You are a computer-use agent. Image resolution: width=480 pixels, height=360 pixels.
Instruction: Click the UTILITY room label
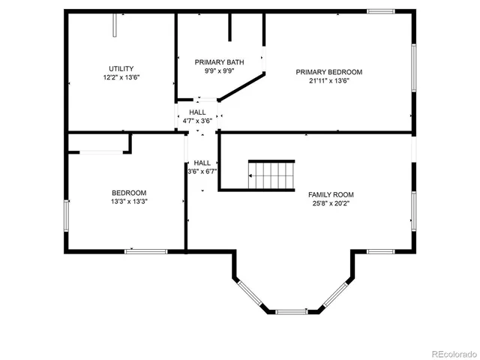click(121, 68)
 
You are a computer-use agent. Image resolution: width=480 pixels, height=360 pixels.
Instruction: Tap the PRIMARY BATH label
click(220, 62)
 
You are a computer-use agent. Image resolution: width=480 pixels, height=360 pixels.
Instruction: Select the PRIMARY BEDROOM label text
click(328, 72)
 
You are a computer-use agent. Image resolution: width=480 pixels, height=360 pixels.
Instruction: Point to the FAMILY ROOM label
click(331, 194)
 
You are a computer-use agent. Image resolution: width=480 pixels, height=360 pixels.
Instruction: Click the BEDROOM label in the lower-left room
click(129, 193)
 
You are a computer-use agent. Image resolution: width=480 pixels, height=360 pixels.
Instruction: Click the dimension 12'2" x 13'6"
click(121, 77)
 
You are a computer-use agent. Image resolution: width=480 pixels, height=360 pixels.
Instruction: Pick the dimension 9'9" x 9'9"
click(220, 71)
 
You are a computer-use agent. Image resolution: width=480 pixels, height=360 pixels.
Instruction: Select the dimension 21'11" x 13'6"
click(328, 81)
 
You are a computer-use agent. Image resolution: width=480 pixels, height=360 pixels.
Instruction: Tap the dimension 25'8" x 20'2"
click(331, 203)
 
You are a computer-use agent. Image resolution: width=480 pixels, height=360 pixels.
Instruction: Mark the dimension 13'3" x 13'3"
click(129, 202)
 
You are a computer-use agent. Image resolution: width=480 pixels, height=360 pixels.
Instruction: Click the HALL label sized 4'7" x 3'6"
click(197, 112)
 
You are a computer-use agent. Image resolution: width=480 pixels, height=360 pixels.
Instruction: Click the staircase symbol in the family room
click(271, 175)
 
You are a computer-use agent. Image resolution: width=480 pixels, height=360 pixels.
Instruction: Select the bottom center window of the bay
click(292, 310)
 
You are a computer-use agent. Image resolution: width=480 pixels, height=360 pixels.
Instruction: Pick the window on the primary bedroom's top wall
click(381, 11)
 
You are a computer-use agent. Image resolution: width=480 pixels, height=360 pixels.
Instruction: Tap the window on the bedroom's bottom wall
click(145, 251)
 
